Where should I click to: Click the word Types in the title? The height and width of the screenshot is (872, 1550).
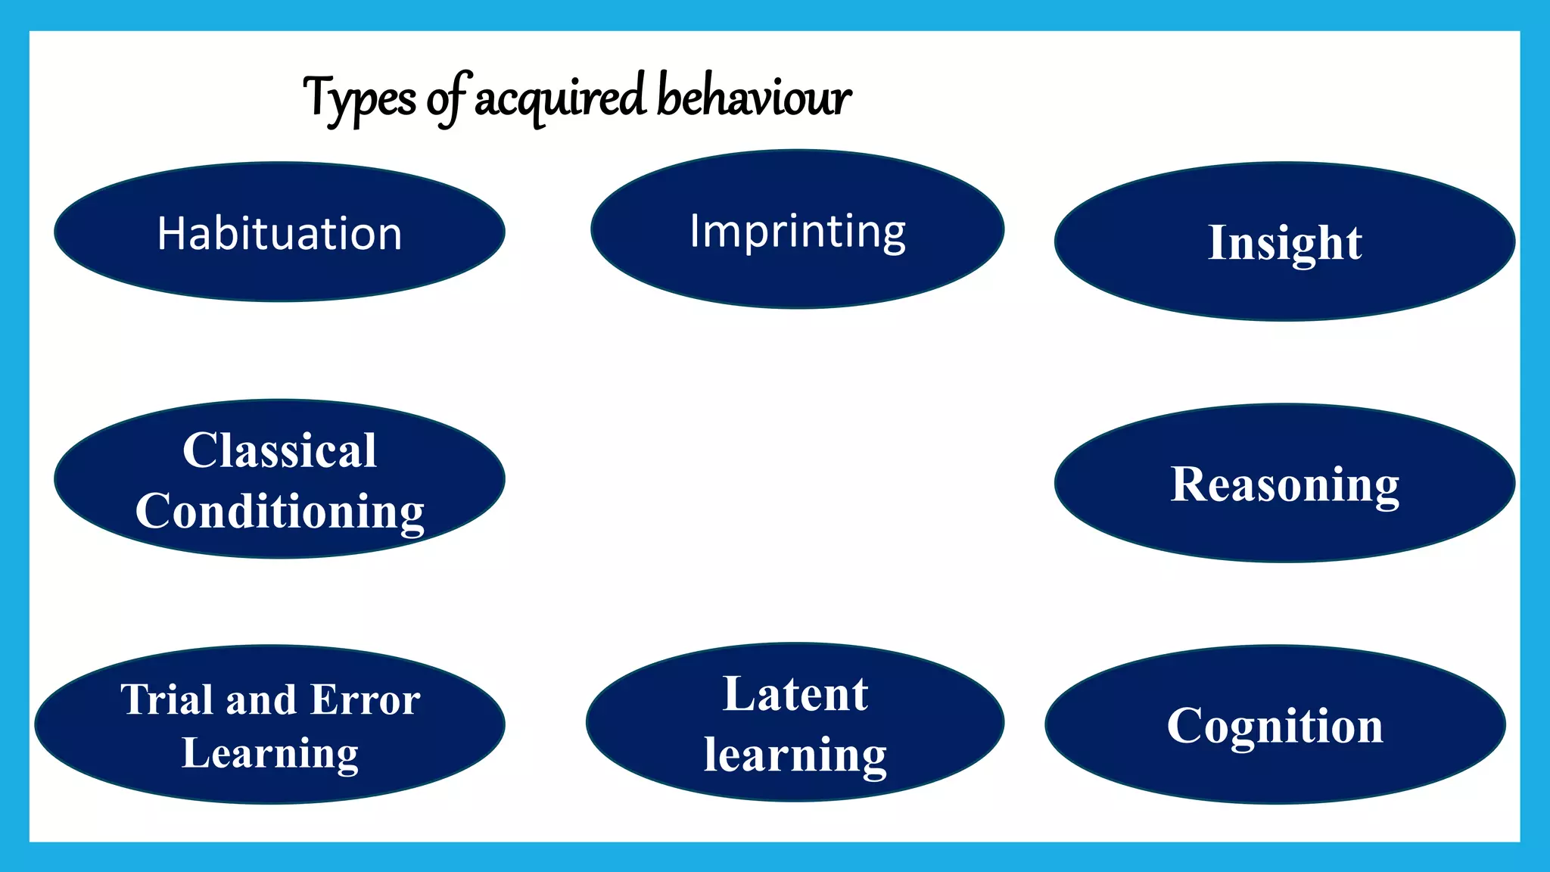point(359,99)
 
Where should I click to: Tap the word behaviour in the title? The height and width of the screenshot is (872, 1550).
point(754,97)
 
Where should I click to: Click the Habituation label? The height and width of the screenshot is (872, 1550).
point(279,233)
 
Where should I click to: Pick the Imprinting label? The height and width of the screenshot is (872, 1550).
point(797,231)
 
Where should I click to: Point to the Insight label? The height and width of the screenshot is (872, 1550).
point(1284,242)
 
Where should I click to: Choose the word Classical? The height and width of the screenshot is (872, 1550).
point(279,450)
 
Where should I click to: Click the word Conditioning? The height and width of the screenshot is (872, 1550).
point(279,512)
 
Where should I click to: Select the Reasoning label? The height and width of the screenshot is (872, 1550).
point(1284,484)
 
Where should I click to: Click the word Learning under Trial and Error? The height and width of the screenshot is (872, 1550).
point(270,753)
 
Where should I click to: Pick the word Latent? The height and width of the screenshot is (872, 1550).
point(795,694)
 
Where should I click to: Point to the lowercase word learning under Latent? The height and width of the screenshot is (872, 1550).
point(795,755)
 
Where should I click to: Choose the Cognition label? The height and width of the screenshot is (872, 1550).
point(1275,726)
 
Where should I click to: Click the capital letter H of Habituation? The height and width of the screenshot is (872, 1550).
point(171,233)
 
